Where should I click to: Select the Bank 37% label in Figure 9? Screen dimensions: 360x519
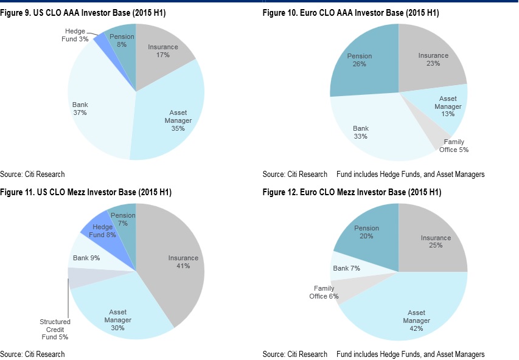(80, 108)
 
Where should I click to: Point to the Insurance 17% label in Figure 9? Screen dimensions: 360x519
(162, 50)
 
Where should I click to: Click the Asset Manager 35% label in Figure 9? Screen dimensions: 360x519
(178, 120)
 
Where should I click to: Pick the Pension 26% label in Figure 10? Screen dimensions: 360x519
(360, 60)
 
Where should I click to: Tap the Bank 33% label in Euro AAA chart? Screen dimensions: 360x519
(360, 132)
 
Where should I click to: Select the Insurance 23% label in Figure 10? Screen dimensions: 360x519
(433, 60)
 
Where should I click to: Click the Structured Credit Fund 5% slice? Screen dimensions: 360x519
(78, 277)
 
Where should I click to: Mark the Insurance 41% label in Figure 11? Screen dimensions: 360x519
(183, 261)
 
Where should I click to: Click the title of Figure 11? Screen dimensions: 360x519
(86, 193)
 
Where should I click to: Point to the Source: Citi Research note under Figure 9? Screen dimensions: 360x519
(32, 174)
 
